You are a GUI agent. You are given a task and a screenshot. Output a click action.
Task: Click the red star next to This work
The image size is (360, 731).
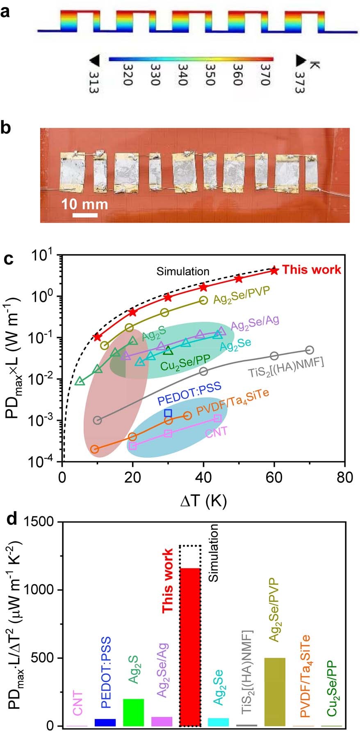pyautogui.click(x=274, y=270)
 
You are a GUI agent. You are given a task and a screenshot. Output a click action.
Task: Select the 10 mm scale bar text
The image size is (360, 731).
pyautogui.click(x=84, y=204)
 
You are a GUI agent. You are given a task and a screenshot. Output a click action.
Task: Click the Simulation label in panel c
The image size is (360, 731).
pyautogui.click(x=183, y=271)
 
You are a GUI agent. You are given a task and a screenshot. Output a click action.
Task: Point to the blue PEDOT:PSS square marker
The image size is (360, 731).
pyautogui.click(x=168, y=413)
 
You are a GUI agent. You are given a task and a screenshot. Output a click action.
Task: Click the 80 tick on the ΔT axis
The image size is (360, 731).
pyautogui.click(x=344, y=478)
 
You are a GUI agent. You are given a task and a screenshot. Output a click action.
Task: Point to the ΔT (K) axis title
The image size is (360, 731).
pyautogui.click(x=203, y=501)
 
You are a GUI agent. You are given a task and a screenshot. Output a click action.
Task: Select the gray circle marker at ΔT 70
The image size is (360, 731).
pyautogui.click(x=310, y=350)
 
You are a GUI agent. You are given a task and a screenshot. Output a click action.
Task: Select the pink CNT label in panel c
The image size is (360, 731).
pyautogui.click(x=216, y=432)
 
